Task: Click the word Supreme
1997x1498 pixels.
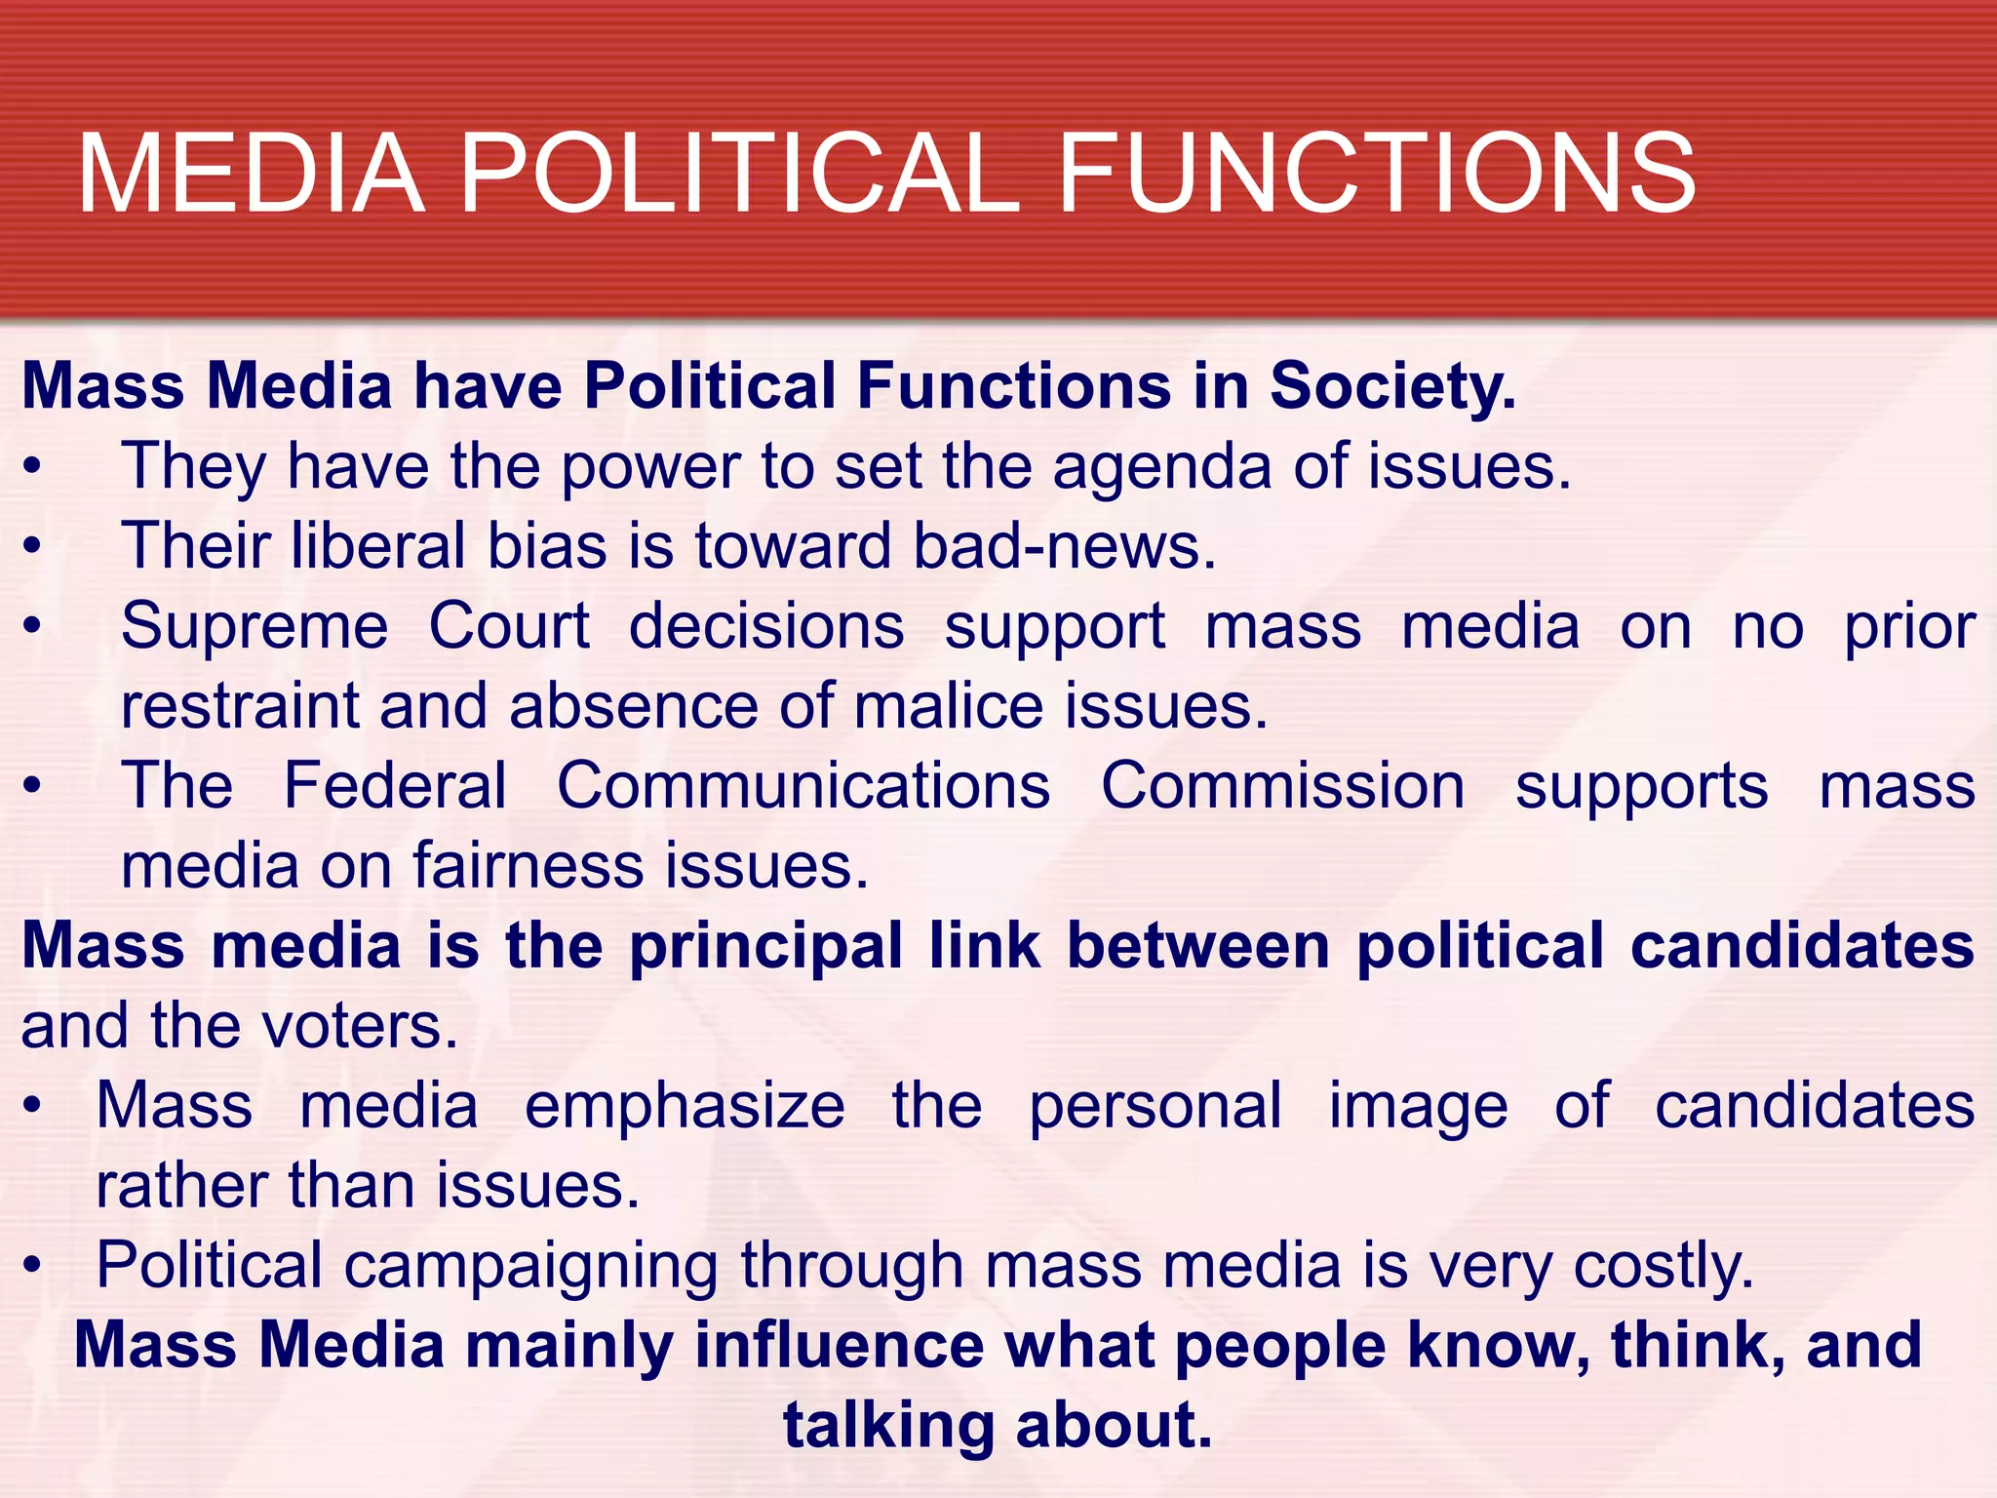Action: (x=255, y=627)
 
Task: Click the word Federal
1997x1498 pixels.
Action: (x=395, y=785)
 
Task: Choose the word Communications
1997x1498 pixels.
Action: (x=803, y=785)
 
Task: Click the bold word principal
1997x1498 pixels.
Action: (x=766, y=947)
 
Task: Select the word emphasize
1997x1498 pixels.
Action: (x=685, y=1107)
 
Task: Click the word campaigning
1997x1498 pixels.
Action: (x=531, y=1266)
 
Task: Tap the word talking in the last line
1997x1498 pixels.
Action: (x=887, y=1426)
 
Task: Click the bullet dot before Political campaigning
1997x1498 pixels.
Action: (x=33, y=1266)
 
